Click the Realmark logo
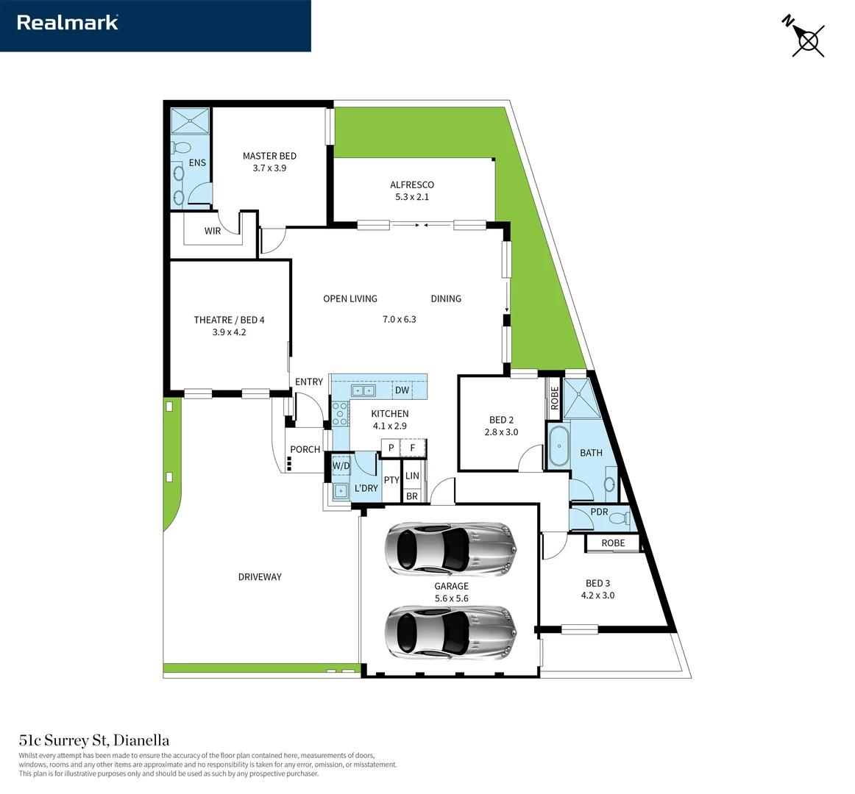point(68,23)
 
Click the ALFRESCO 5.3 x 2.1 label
point(412,190)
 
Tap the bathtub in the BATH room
point(558,446)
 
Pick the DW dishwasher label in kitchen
point(402,390)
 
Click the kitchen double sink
point(363,390)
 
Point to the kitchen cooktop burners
point(340,414)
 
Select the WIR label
point(213,231)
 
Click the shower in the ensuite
point(191,121)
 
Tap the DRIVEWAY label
point(260,577)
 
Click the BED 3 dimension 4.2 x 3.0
point(597,595)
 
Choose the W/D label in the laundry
point(341,465)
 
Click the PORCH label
point(305,449)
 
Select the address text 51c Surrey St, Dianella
point(94,740)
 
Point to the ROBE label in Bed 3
point(613,543)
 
